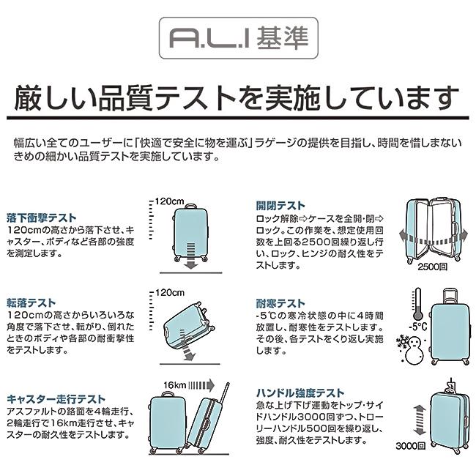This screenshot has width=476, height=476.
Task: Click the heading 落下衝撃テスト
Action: pos(41,217)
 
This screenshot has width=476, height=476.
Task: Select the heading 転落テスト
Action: pos(31,302)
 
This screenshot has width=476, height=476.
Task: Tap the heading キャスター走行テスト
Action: pos(56,399)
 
